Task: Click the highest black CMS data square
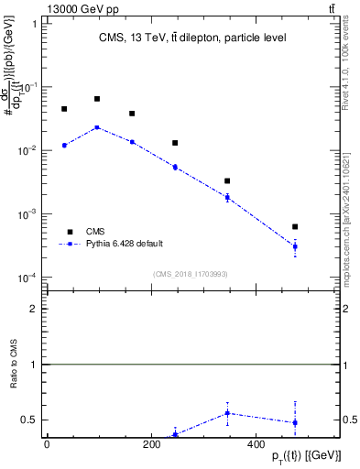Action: [97, 99]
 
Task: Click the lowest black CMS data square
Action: [295, 226]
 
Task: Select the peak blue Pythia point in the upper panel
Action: [97, 127]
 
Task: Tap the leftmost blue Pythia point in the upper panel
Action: [64, 145]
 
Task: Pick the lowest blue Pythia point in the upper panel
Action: [295, 246]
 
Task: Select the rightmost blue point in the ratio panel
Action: [295, 422]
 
